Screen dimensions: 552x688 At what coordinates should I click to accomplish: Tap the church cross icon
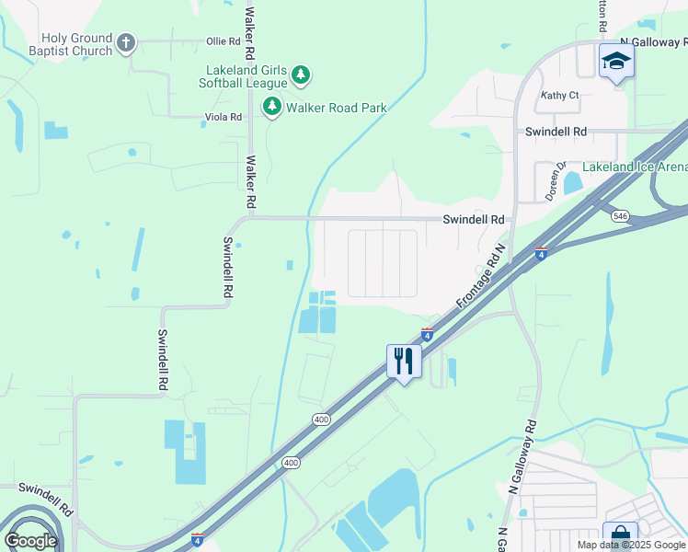click(126, 43)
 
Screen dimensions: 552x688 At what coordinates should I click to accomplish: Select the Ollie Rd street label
click(223, 41)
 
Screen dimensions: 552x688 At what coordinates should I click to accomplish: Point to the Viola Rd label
click(223, 117)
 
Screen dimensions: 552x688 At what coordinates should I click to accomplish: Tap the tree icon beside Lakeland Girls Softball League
click(301, 75)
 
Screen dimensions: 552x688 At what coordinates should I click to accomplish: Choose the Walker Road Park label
click(336, 108)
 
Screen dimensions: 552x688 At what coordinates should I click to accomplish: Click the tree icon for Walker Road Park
click(272, 108)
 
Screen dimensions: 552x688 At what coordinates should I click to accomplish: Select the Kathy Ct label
click(560, 95)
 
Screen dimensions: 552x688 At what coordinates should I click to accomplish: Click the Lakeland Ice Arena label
click(635, 167)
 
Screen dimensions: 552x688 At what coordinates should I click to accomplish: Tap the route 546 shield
click(620, 214)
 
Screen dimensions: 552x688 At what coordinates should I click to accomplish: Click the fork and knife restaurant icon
click(403, 360)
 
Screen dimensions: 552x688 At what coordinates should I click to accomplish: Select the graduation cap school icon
click(616, 62)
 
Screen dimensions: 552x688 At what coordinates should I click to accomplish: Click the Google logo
click(30, 541)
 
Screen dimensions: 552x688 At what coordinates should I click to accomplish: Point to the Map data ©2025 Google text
click(631, 545)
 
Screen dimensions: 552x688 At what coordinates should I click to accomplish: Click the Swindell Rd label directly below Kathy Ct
click(556, 132)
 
